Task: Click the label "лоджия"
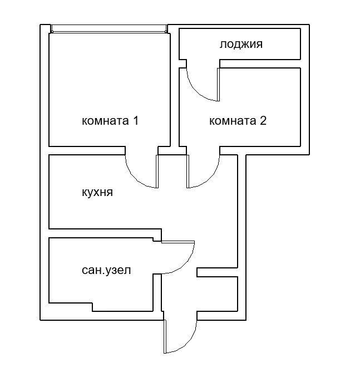[240, 44]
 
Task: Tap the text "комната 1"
[110, 120]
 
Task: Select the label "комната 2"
[238, 120]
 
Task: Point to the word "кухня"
[97, 192]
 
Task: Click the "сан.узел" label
[107, 270]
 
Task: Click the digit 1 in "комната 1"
[134, 120]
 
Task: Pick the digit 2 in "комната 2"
[263, 120]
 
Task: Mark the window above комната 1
[109, 28]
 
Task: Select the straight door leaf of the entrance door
[165, 336]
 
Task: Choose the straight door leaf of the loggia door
[219, 84]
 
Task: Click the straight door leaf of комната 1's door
[157, 170]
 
